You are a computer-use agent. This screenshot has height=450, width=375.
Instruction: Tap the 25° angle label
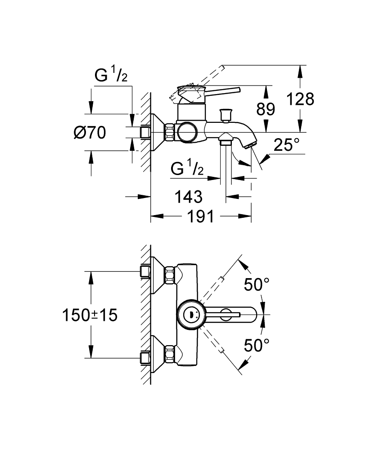[287, 145]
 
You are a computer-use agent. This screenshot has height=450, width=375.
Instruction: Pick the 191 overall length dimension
[200, 216]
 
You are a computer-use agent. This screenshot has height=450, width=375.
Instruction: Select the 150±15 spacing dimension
[90, 315]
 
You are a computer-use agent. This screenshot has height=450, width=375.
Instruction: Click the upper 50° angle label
[257, 284]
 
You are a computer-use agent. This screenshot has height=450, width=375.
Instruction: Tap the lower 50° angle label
[257, 345]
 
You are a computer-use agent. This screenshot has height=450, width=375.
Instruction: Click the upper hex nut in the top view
[169, 275]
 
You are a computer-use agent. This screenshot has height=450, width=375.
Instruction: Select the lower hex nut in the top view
[169, 354]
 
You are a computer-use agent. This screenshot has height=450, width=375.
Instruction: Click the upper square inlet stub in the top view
[145, 271]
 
